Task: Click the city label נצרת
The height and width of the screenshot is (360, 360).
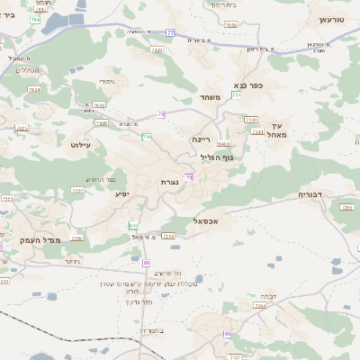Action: [168, 183]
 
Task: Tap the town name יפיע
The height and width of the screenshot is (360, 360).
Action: [122, 194]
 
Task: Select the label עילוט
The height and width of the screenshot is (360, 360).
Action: [80, 143]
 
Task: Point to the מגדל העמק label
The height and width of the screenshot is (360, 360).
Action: [38, 241]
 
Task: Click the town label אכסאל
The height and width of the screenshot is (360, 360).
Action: [206, 220]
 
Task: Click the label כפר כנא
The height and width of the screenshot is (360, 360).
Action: [248, 85]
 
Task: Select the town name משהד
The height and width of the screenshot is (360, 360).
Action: [211, 97]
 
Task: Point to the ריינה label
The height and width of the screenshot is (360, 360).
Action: [201, 139]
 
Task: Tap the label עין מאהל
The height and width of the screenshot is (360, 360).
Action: [276, 131]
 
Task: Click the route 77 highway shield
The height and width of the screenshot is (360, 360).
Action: [170, 32]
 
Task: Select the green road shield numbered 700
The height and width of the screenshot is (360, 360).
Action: [147, 137]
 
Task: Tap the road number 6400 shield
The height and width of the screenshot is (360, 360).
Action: [223, 143]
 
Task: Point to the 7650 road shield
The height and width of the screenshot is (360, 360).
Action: [231, 25]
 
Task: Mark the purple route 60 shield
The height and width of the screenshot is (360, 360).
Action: [146, 263]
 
